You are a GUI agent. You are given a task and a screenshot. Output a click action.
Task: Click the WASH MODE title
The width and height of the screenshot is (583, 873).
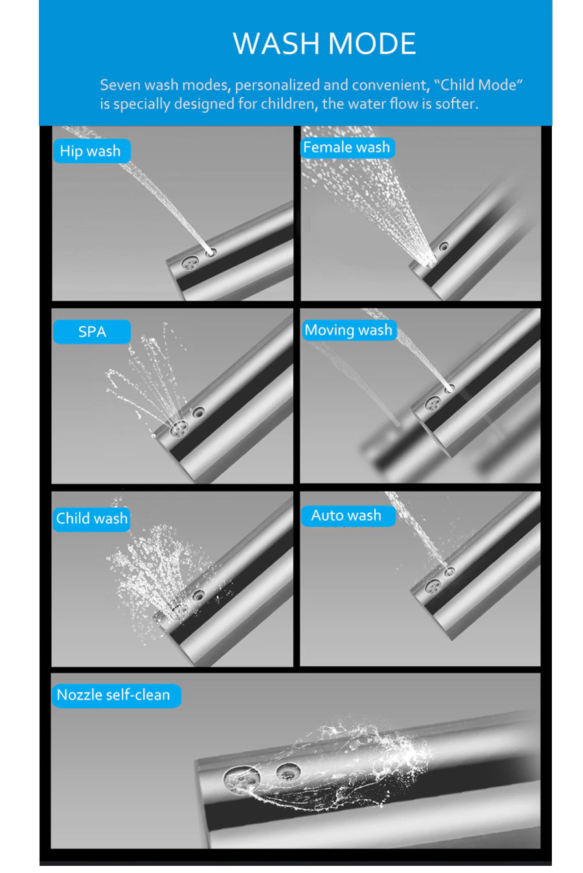pyautogui.click(x=325, y=43)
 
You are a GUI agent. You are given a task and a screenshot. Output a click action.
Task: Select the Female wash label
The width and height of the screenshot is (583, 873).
pyautogui.click(x=347, y=147)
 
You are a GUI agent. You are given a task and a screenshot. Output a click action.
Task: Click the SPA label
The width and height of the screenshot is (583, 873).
pyautogui.click(x=92, y=332)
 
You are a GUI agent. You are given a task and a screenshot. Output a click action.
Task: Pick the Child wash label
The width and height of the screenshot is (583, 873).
pyautogui.click(x=92, y=519)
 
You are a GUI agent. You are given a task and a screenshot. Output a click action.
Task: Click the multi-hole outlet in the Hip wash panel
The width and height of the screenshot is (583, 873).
pyautogui.click(x=190, y=265)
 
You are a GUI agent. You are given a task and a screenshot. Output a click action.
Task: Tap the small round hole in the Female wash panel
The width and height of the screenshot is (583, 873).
pyautogui.click(x=444, y=246)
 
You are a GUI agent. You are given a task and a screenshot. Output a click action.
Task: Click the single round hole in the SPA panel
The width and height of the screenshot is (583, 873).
pyautogui.click(x=198, y=411)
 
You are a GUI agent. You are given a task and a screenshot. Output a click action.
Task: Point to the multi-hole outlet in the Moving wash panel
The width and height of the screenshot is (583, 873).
pyautogui.click(x=433, y=403)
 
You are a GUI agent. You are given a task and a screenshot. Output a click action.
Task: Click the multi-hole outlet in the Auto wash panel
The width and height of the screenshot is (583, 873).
pyautogui.click(x=433, y=585)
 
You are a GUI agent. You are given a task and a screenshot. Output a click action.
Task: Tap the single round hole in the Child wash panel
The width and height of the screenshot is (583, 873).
pyautogui.click(x=198, y=595)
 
